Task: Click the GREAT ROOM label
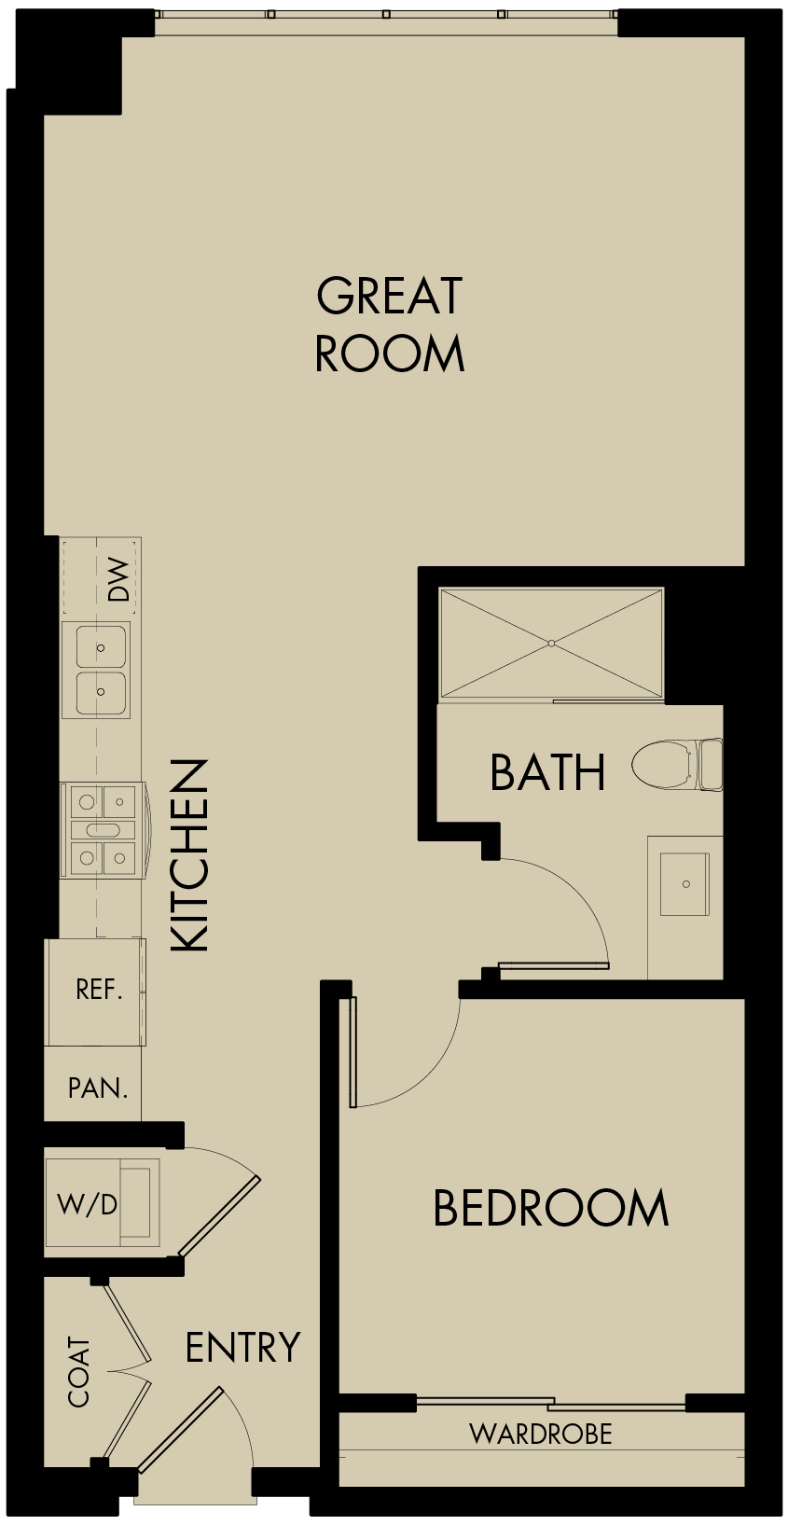390,325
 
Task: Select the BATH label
547,772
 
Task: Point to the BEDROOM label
551,1208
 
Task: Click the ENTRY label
242,1348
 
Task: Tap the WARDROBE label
541,1434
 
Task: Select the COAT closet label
79,1372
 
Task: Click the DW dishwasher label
118,578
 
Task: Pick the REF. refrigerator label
99,990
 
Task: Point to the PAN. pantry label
98,1088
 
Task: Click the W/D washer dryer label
88,1204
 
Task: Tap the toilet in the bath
676,765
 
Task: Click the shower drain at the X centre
551,643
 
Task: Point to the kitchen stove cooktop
102,830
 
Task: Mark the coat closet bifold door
129,1371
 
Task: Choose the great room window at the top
386,14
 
